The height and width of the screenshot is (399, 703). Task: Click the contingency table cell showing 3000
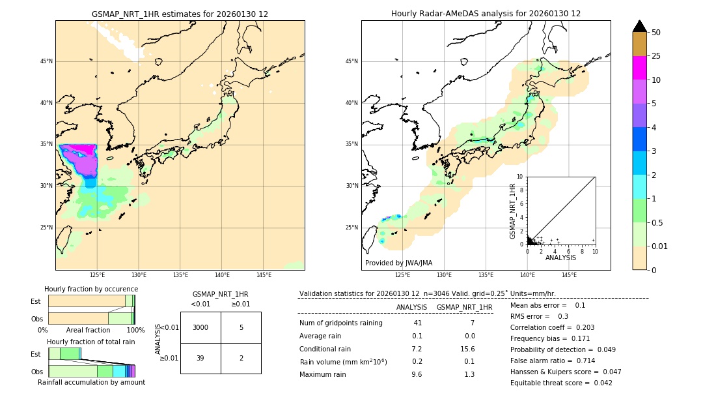tap(200, 327)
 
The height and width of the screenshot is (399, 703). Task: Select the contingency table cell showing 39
tap(200, 359)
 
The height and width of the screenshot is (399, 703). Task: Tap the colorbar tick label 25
tap(656, 56)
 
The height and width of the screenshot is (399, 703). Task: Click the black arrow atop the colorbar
tap(640, 26)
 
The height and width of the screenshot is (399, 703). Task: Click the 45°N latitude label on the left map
tap(46, 61)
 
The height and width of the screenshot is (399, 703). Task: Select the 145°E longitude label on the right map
tap(569, 275)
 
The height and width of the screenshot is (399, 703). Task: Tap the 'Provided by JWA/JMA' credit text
tap(398, 263)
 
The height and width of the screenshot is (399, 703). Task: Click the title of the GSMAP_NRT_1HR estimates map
tap(180, 14)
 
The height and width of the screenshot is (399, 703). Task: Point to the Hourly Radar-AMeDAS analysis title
tap(486, 14)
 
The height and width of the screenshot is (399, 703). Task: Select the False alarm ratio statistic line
tap(552, 361)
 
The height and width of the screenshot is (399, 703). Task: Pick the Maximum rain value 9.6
tap(417, 374)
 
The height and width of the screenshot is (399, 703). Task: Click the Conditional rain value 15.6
tap(465, 349)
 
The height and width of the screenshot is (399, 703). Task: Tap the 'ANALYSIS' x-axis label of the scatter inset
tap(560, 258)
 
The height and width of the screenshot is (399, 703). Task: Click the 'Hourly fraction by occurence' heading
tap(91, 289)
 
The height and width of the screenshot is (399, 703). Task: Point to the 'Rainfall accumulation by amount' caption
tap(91, 382)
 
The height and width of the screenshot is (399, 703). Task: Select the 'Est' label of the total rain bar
tap(35, 353)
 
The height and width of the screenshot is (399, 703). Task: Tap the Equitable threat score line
tap(561, 383)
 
